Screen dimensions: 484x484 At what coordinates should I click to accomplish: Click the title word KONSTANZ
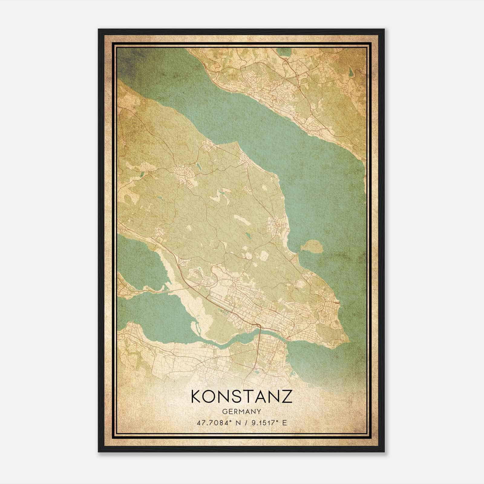(x=242, y=396)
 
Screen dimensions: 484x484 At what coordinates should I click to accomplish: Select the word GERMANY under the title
(x=242, y=412)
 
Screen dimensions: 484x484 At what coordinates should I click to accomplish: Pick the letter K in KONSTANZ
(x=197, y=396)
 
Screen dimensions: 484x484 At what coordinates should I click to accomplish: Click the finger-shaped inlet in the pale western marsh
(x=194, y=327)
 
